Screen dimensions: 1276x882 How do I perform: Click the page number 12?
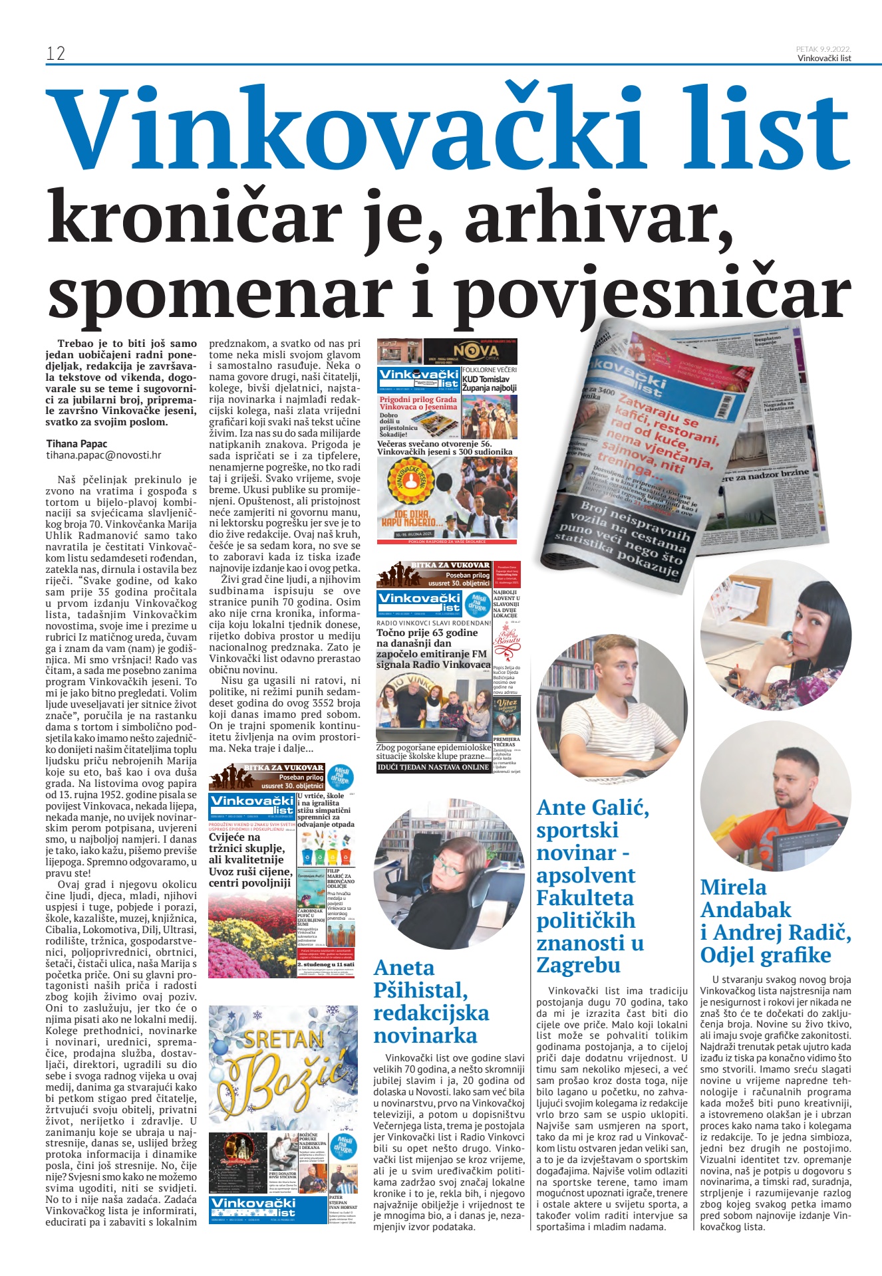click(x=56, y=53)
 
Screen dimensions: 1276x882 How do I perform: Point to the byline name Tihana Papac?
click(x=76, y=443)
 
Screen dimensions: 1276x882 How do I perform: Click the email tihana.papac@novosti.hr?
click(x=104, y=455)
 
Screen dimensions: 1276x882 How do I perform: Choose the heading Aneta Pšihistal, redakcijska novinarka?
click(x=431, y=1001)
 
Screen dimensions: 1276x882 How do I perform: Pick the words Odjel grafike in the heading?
click(x=766, y=955)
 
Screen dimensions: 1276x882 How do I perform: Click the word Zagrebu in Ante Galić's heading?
click(x=578, y=965)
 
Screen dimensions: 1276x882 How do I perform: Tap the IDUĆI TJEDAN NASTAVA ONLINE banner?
click(x=434, y=766)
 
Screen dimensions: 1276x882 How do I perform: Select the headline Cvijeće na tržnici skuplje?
click(x=247, y=843)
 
